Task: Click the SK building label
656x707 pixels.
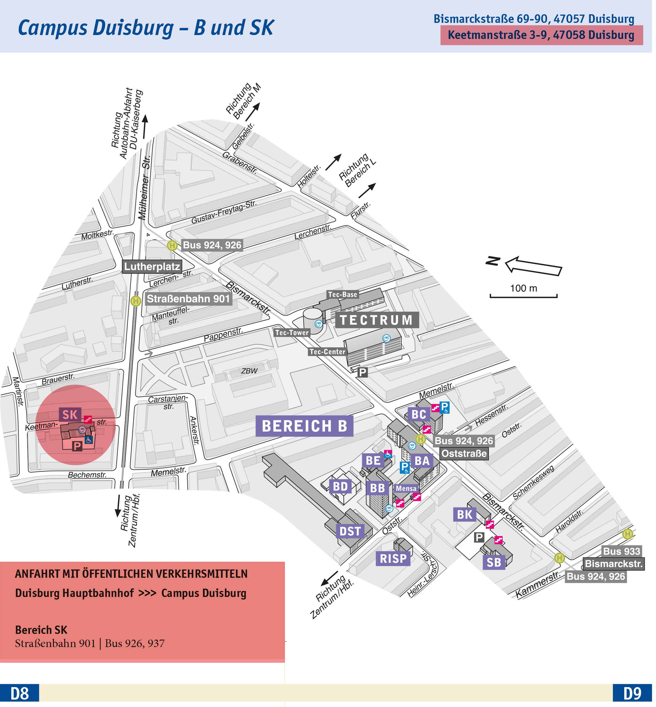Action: (x=70, y=415)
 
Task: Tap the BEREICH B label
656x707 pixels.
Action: (x=304, y=426)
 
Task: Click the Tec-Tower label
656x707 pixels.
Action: (x=292, y=332)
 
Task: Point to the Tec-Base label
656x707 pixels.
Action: (x=343, y=294)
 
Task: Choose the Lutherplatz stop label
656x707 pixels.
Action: (x=152, y=266)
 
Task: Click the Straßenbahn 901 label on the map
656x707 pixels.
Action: (x=188, y=299)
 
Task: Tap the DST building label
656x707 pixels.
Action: (x=350, y=531)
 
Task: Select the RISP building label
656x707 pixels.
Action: (x=393, y=558)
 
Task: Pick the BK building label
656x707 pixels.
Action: (x=464, y=515)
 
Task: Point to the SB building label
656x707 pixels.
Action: (x=494, y=562)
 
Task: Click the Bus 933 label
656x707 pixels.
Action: (x=622, y=551)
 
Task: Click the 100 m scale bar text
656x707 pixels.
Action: (x=524, y=288)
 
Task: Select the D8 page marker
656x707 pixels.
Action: (x=20, y=694)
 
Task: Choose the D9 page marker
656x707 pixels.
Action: (x=632, y=694)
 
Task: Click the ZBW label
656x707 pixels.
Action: (x=249, y=371)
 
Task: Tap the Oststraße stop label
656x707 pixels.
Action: (x=464, y=454)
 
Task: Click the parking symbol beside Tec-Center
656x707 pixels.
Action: (x=362, y=372)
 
